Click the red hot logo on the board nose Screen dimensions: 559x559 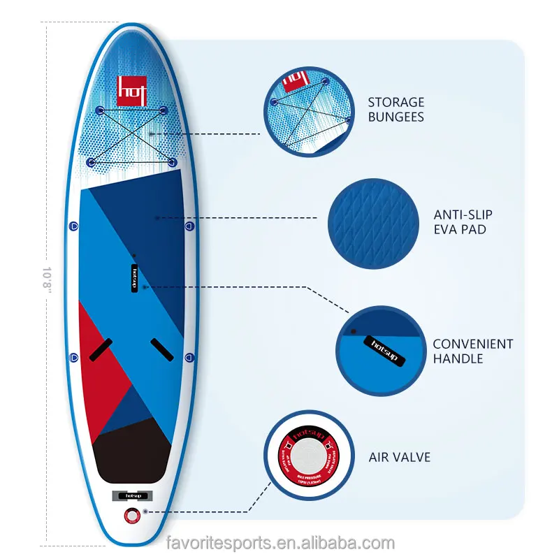click(131, 90)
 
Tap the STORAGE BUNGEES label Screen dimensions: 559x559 click(395, 110)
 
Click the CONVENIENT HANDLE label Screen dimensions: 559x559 click(472, 351)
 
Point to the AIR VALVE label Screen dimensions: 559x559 click(400, 458)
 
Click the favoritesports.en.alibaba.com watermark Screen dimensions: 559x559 click(281, 543)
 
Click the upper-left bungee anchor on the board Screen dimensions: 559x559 click(99, 111)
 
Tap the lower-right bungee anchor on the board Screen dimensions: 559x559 click(169, 162)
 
